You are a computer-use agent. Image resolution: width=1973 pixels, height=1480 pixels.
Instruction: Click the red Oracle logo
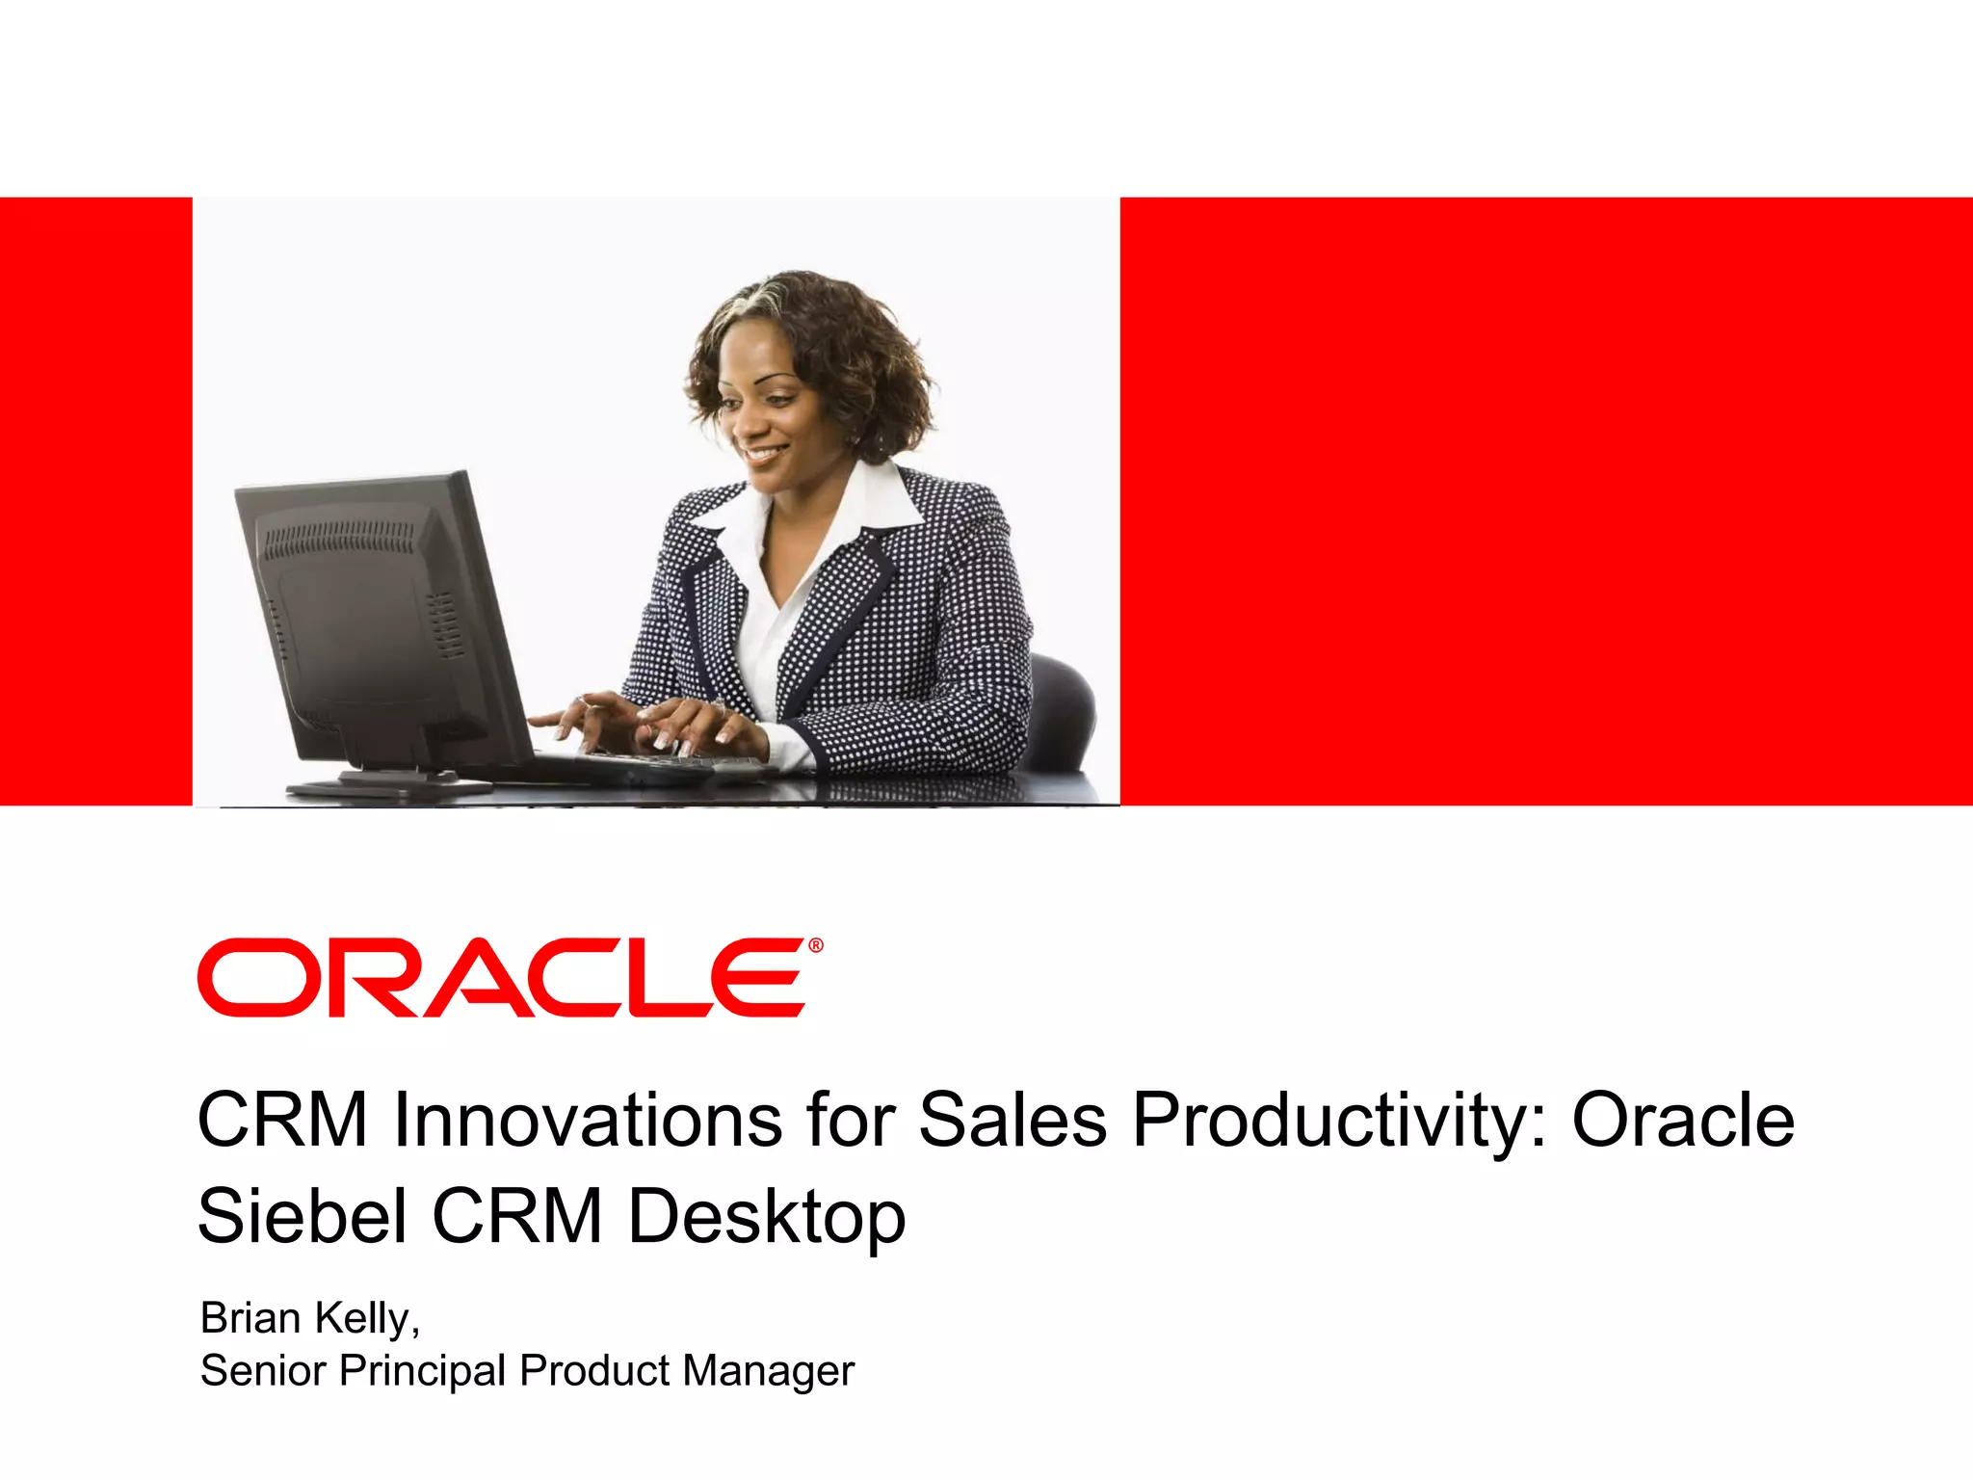(x=501, y=977)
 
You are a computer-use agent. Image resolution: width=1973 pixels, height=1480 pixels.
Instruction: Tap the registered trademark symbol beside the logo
(x=816, y=946)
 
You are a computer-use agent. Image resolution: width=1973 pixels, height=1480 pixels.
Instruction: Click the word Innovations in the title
(x=588, y=1120)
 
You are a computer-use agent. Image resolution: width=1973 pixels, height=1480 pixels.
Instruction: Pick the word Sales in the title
(x=1013, y=1120)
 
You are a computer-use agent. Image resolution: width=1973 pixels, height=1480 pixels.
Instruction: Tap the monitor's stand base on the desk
(x=385, y=787)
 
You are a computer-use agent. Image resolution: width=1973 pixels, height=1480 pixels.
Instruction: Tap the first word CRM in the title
(x=282, y=1120)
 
